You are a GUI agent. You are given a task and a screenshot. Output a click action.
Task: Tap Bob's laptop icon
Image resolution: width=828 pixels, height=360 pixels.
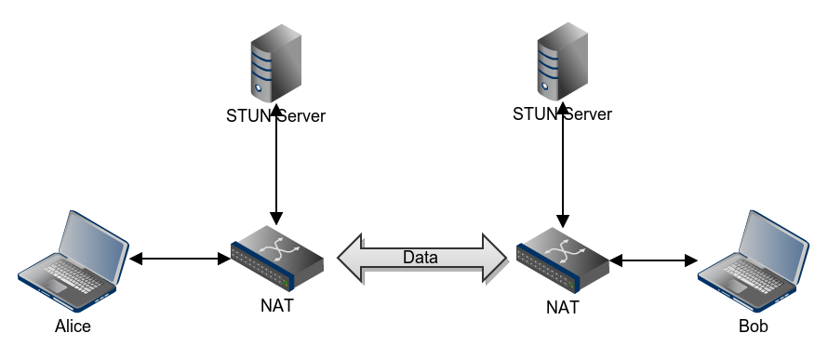point(750,261)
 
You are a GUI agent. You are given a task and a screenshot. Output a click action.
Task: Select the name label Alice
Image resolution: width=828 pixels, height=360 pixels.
point(73,327)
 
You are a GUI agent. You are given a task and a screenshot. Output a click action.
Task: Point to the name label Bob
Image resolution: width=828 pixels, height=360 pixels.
point(754,327)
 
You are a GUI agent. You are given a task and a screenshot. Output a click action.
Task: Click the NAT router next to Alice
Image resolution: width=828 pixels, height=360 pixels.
point(277,255)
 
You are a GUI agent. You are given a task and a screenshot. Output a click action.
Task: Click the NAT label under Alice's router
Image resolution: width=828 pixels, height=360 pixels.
point(278,304)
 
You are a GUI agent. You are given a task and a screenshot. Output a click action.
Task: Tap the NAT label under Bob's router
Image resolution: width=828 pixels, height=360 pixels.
point(563,307)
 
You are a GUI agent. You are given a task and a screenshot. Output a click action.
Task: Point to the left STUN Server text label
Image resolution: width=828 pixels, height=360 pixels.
point(276,116)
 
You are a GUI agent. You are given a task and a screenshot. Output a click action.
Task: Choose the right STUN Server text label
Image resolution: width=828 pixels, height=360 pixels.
point(563,114)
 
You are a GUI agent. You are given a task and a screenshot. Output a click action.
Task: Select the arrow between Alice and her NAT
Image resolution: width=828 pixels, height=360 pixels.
point(180,259)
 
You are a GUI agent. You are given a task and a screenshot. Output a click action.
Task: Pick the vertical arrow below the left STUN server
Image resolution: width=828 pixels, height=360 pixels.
point(276,172)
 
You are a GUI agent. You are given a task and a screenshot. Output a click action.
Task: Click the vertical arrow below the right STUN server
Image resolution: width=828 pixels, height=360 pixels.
point(563,172)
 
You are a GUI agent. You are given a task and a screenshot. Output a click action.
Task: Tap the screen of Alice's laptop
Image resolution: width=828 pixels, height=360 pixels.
point(92,245)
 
